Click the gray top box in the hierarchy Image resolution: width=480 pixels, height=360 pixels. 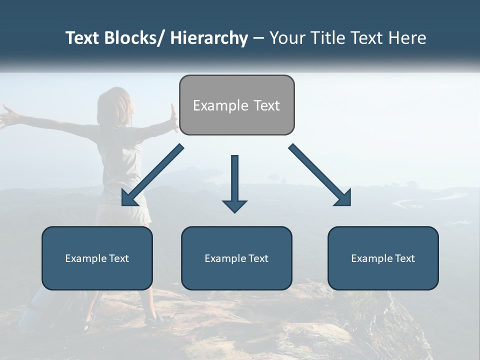pyautogui.click(x=236, y=105)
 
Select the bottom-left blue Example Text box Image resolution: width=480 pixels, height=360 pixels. pyautogui.click(x=97, y=258)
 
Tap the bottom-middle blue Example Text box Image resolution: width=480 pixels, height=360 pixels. pyautogui.click(x=236, y=258)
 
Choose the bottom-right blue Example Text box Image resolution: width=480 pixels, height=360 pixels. pyautogui.click(x=383, y=258)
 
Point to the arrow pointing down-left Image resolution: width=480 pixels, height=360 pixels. pyautogui.click(x=152, y=175)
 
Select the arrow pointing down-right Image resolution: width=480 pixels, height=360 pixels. pyautogui.click(x=320, y=175)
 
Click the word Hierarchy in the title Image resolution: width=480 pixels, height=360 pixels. pyautogui.click(x=208, y=38)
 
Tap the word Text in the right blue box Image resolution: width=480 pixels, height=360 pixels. pyautogui.click(x=403, y=258)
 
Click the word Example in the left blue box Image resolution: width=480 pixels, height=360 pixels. pyautogui.click(x=85, y=258)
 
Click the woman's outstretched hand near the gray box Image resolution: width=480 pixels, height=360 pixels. pyautogui.click(x=173, y=117)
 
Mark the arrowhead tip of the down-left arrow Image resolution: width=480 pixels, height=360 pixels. pyautogui.click(x=123, y=204)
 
